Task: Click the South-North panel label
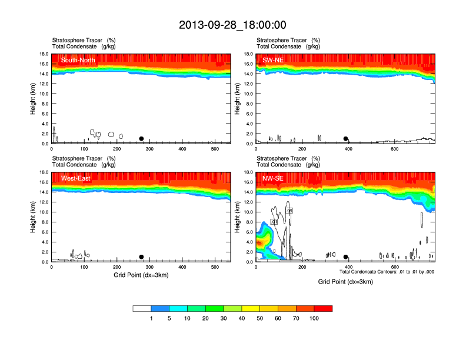click(78, 60)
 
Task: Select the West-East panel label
click(75, 178)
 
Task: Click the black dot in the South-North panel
click(141, 139)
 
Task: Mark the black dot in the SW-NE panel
click(346, 139)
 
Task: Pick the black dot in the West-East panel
click(141, 257)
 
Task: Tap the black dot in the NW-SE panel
click(346, 257)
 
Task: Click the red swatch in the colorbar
click(323, 308)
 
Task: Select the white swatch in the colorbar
click(142, 308)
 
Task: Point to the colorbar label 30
click(224, 318)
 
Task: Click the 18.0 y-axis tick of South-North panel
click(44, 54)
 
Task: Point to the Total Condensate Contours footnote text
click(387, 272)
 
